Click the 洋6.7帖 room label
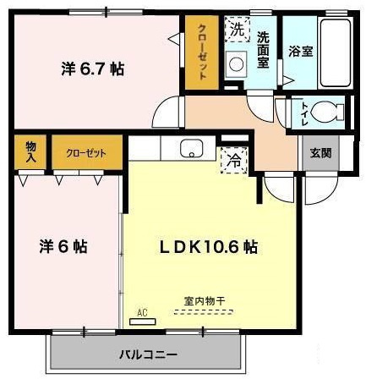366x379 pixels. (x=92, y=69)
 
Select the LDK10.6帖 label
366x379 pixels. (x=210, y=247)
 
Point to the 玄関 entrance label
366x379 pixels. (x=320, y=152)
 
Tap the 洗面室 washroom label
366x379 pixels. (x=263, y=52)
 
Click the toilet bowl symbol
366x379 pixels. (x=325, y=111)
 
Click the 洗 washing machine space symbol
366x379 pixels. (x=238, y=30)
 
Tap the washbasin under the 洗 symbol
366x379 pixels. (x=238, y=63)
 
